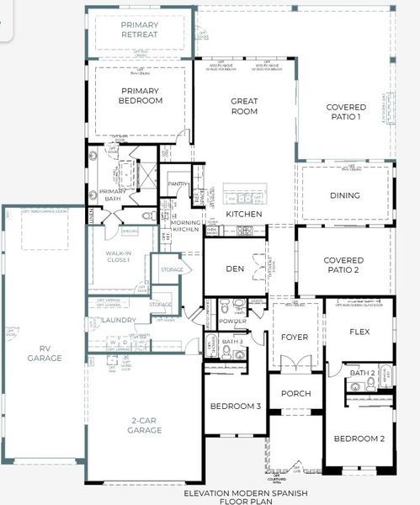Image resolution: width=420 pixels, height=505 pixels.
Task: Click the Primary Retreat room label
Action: coord(140,30)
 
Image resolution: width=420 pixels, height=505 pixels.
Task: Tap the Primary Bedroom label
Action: coord(141,96)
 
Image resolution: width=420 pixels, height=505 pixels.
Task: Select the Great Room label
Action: coord(244,106)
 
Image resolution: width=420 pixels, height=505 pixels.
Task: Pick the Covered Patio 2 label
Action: coord(343,266)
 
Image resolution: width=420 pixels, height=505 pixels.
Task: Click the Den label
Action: coord(235,269)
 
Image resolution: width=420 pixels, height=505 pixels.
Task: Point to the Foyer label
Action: coord(295,337)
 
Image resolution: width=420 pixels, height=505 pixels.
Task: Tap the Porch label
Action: coord(295,393)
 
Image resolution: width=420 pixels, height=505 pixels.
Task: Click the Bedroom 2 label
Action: coord(359,439)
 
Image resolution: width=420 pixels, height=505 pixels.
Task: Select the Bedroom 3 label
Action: coord(235,407)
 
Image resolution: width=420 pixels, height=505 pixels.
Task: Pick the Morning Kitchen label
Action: coord(186,225)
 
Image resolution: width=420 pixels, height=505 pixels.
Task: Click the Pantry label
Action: coord(177,183)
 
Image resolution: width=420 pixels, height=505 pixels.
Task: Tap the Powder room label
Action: coord(232,321)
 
